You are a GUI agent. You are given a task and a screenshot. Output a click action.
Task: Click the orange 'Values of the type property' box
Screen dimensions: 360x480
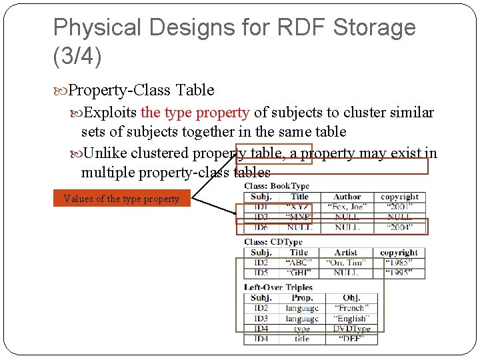[x=121, y=199]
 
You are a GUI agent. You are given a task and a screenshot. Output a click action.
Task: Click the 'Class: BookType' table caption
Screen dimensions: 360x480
[x=277, y=186]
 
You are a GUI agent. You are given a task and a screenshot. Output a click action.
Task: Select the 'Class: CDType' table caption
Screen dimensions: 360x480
[x=273, y=242]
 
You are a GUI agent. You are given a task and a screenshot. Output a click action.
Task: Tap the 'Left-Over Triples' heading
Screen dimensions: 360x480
[x=278, y=287]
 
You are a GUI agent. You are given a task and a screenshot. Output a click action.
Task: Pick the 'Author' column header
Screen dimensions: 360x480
[x=347, y=197]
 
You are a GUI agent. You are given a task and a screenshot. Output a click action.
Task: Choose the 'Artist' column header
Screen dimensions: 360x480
[x=346, y=253]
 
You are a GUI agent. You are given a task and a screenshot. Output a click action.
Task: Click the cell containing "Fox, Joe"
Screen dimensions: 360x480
[x=347, y=207]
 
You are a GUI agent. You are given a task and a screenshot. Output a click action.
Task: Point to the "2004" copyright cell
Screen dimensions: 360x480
[x=399, y=227]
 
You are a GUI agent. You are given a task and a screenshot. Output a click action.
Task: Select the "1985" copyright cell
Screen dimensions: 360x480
[x=399, y=263]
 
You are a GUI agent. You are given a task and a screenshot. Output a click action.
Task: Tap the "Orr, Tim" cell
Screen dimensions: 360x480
[x=346, y=263]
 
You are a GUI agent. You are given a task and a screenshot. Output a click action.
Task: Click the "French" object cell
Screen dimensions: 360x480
[x=351, y=308]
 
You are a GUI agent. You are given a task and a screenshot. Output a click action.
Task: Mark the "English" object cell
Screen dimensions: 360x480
[x=351, y=319]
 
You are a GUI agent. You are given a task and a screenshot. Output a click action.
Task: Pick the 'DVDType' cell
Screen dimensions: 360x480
[x=351, y=329]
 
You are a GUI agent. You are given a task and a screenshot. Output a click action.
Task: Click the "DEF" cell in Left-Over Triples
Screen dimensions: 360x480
[x=351, y=339]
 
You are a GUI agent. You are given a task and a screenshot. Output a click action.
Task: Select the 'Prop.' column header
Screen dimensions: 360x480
[x=302, y=297]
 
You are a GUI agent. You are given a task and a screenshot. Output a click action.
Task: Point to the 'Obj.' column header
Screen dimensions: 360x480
[x=351, y=297]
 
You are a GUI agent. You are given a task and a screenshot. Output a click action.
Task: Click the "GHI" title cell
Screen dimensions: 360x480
[x=299, y=273]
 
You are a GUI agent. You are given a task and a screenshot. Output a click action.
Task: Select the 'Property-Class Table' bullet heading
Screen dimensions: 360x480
[x=141, y=90]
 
